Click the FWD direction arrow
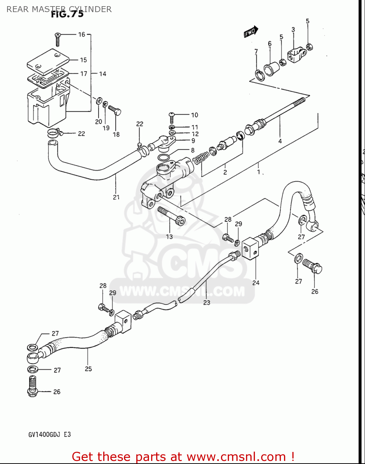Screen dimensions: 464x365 (251, 32)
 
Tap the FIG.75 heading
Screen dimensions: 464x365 (67, 14)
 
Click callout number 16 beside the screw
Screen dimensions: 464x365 (82, 34)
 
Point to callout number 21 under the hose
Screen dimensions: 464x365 (116, 197)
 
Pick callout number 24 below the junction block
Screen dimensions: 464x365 (256, 282)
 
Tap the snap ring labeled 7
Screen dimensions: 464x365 (259, 75)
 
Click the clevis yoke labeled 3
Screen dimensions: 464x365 (297, 54)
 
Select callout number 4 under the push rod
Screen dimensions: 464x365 (280, 141)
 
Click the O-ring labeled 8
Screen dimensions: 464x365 (163, 157)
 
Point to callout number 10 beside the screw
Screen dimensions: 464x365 (194, 115)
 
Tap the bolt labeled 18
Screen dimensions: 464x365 (115, 110)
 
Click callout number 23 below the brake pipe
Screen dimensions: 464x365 (207, 303)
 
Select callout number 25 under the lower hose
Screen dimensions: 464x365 (88, 369)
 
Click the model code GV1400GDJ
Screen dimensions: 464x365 (45, 434)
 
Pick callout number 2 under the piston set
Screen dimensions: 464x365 (225, 172)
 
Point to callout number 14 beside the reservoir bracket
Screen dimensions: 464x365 (103, 74)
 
